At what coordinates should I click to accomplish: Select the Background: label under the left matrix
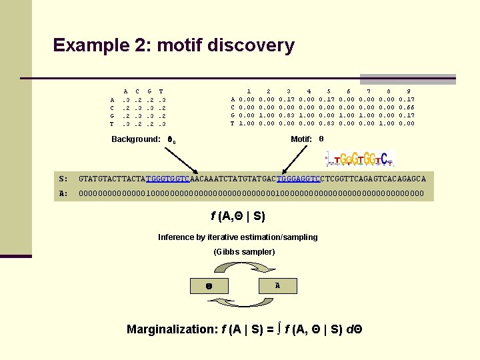pos(136,139)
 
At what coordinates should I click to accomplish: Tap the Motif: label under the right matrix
pos(301,139)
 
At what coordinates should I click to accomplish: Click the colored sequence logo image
pos(360,159)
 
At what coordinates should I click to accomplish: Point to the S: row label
pos(63,179)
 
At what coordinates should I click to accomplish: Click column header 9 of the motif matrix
pos(408,91)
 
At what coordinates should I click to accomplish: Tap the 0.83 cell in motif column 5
pos(328,123)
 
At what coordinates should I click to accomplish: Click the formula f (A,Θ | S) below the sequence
pos(238,216)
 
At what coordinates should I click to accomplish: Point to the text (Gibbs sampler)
pos(244,251)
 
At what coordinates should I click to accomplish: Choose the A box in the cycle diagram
pos(277,285)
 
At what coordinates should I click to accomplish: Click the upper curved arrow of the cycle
pos(243,267)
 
